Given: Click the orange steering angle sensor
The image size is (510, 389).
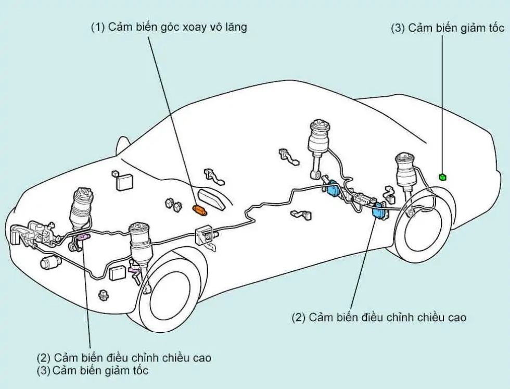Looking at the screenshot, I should tap(200, 209).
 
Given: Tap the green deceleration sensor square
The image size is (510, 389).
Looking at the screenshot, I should tap(442, 177).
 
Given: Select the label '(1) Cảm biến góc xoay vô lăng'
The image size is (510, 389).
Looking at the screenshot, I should tap(169, 27).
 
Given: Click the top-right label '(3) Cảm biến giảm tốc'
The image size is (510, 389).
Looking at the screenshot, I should tap(448, 28).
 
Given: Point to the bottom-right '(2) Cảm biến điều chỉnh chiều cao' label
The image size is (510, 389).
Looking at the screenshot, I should tap(379, 317).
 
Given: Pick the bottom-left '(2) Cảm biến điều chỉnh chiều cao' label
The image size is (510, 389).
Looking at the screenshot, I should tap(124, 358).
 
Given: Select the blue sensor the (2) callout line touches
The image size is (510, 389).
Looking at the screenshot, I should tap(378, 212).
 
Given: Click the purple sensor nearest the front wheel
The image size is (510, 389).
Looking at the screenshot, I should tap(134, 269).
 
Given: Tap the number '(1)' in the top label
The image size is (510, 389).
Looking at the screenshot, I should tap(98, 27).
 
